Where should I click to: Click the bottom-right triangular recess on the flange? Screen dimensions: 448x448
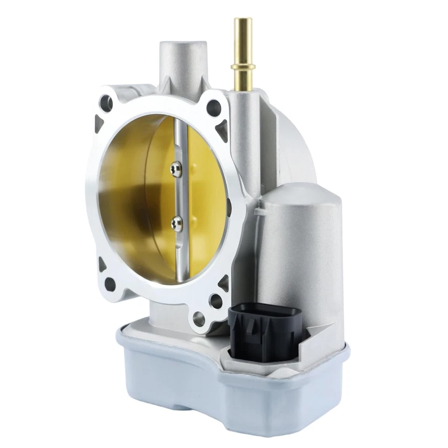point(224,283)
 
